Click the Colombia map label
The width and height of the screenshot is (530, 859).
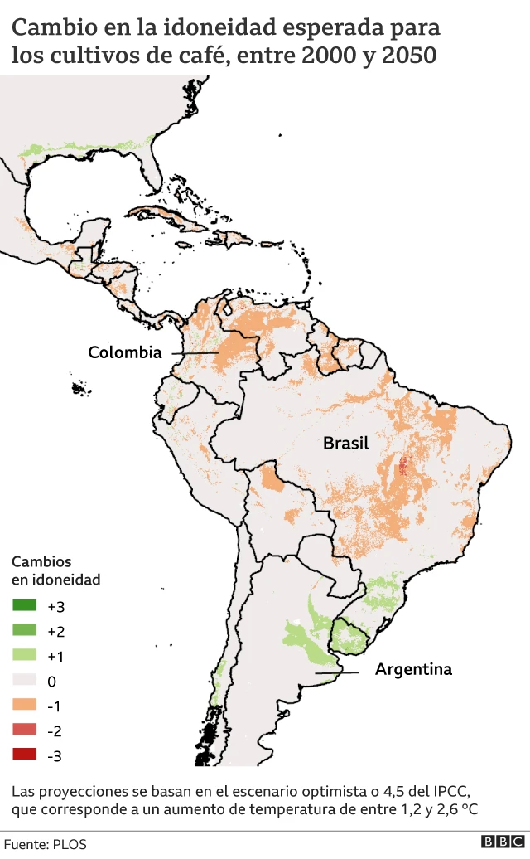click(x=125, y=352)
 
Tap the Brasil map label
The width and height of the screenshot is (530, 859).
click(x=345, y=444)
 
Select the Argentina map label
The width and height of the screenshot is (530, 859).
click(x=413, y=669)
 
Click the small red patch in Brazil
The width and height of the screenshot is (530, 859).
click(x=403, y=467)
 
